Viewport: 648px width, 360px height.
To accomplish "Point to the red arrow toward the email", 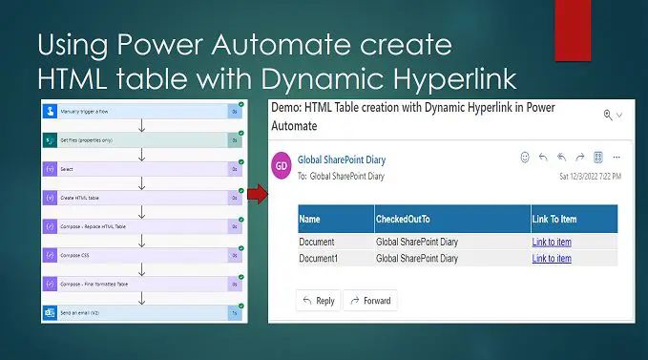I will pyautogui.click(x=257, y=197).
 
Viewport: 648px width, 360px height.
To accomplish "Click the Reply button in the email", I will pyautogui.click(x=318, y=301).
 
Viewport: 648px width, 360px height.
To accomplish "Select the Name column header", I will pyautogui.click(x=310, y=220).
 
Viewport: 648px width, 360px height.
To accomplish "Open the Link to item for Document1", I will pyautogui.click(x=552, y=259).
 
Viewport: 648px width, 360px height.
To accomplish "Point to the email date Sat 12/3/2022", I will pyautogui.click(x=590, y=177).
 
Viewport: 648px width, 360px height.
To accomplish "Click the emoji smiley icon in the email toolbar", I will pyautogui.click(x=525, y=157).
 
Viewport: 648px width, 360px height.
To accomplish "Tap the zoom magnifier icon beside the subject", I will pyautogui.click(x=608, y=115).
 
